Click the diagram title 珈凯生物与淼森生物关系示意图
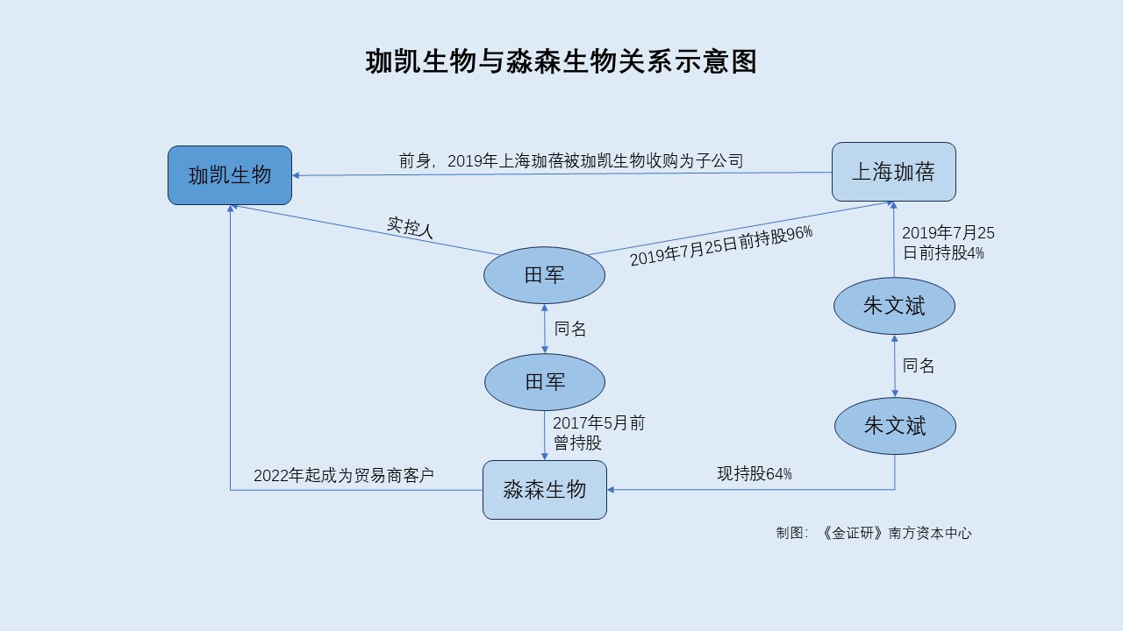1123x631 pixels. coord(561,62)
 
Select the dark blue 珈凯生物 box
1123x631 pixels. coord(230,175)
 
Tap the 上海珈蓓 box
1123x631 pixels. coord(893,172)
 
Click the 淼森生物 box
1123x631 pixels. coord(544,489)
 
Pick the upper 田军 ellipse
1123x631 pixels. coord(544,275)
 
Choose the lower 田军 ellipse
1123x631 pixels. coord(544,382)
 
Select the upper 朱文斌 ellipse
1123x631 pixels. coord(894,306)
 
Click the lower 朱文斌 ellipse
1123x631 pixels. coord(894,426)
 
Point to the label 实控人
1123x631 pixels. coord(411,227)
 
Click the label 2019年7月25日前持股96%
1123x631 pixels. coord(721,246)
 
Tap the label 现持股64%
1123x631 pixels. coord(755,474)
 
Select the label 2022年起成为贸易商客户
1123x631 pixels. coord(344,476)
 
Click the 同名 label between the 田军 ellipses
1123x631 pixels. coord(570,330)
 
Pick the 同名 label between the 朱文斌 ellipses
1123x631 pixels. coord(919,366)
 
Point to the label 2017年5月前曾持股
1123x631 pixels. coord(598,433)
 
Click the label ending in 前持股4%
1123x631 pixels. coord(948,243)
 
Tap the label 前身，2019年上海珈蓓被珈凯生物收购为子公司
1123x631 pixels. coord(570,161)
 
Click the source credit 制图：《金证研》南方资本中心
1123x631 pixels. coord(874,533)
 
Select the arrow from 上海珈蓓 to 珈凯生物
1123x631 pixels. coord(561,174)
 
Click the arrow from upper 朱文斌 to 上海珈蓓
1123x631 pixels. coord(893,241)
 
